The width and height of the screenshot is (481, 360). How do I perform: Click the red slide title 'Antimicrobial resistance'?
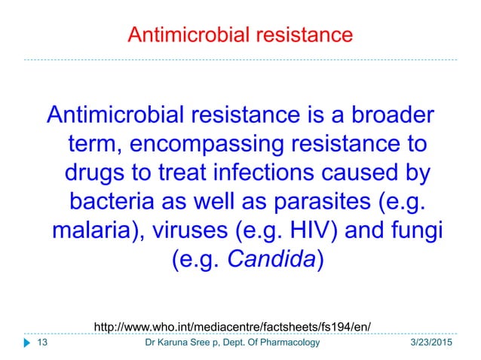(x=240, y=35)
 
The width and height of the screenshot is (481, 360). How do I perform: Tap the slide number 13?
(x=42, y=343)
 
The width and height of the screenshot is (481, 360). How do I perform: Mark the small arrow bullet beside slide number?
(x=27, y=343)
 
